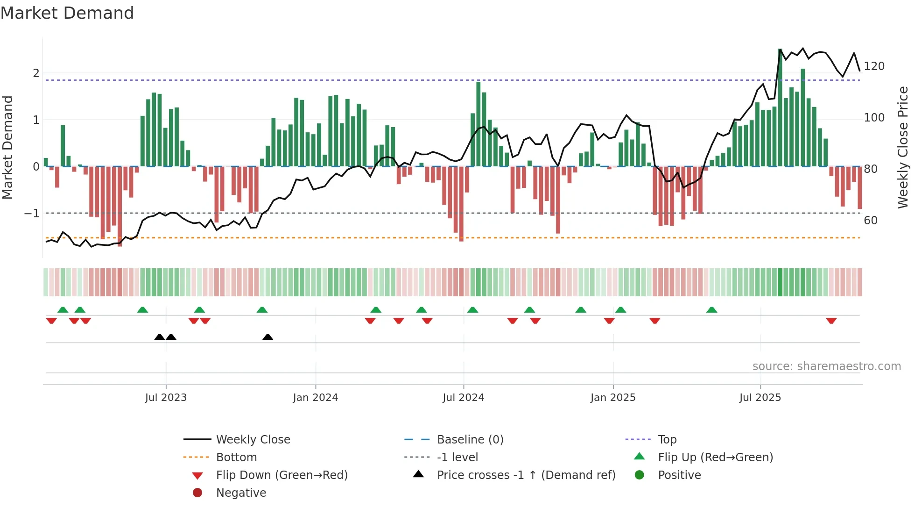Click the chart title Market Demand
[x=67, y=13]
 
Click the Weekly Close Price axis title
[x=903, y=147]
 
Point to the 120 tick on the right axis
[x=874, y=66]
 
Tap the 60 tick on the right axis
[x=871, y=220]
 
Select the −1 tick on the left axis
[x=32, y=214]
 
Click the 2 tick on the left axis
[x=36, y=73]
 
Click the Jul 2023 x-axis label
[x=166, y=398]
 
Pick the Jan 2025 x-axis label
[x=612, y=398]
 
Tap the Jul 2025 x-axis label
[x=760, y=398]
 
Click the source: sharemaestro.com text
[x=826, y=366]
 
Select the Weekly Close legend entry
[x=253, y=440]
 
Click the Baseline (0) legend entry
[x=470, y=440]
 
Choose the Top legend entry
[x=667, y=440]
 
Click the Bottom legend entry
[x=236, y=458]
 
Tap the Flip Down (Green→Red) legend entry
[x=282, y=475]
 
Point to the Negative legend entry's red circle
[x=197, y=493]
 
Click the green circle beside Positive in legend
[x=640, y=475]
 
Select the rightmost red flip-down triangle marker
[x=831, y=321]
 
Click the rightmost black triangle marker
[x=267, y=337]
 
